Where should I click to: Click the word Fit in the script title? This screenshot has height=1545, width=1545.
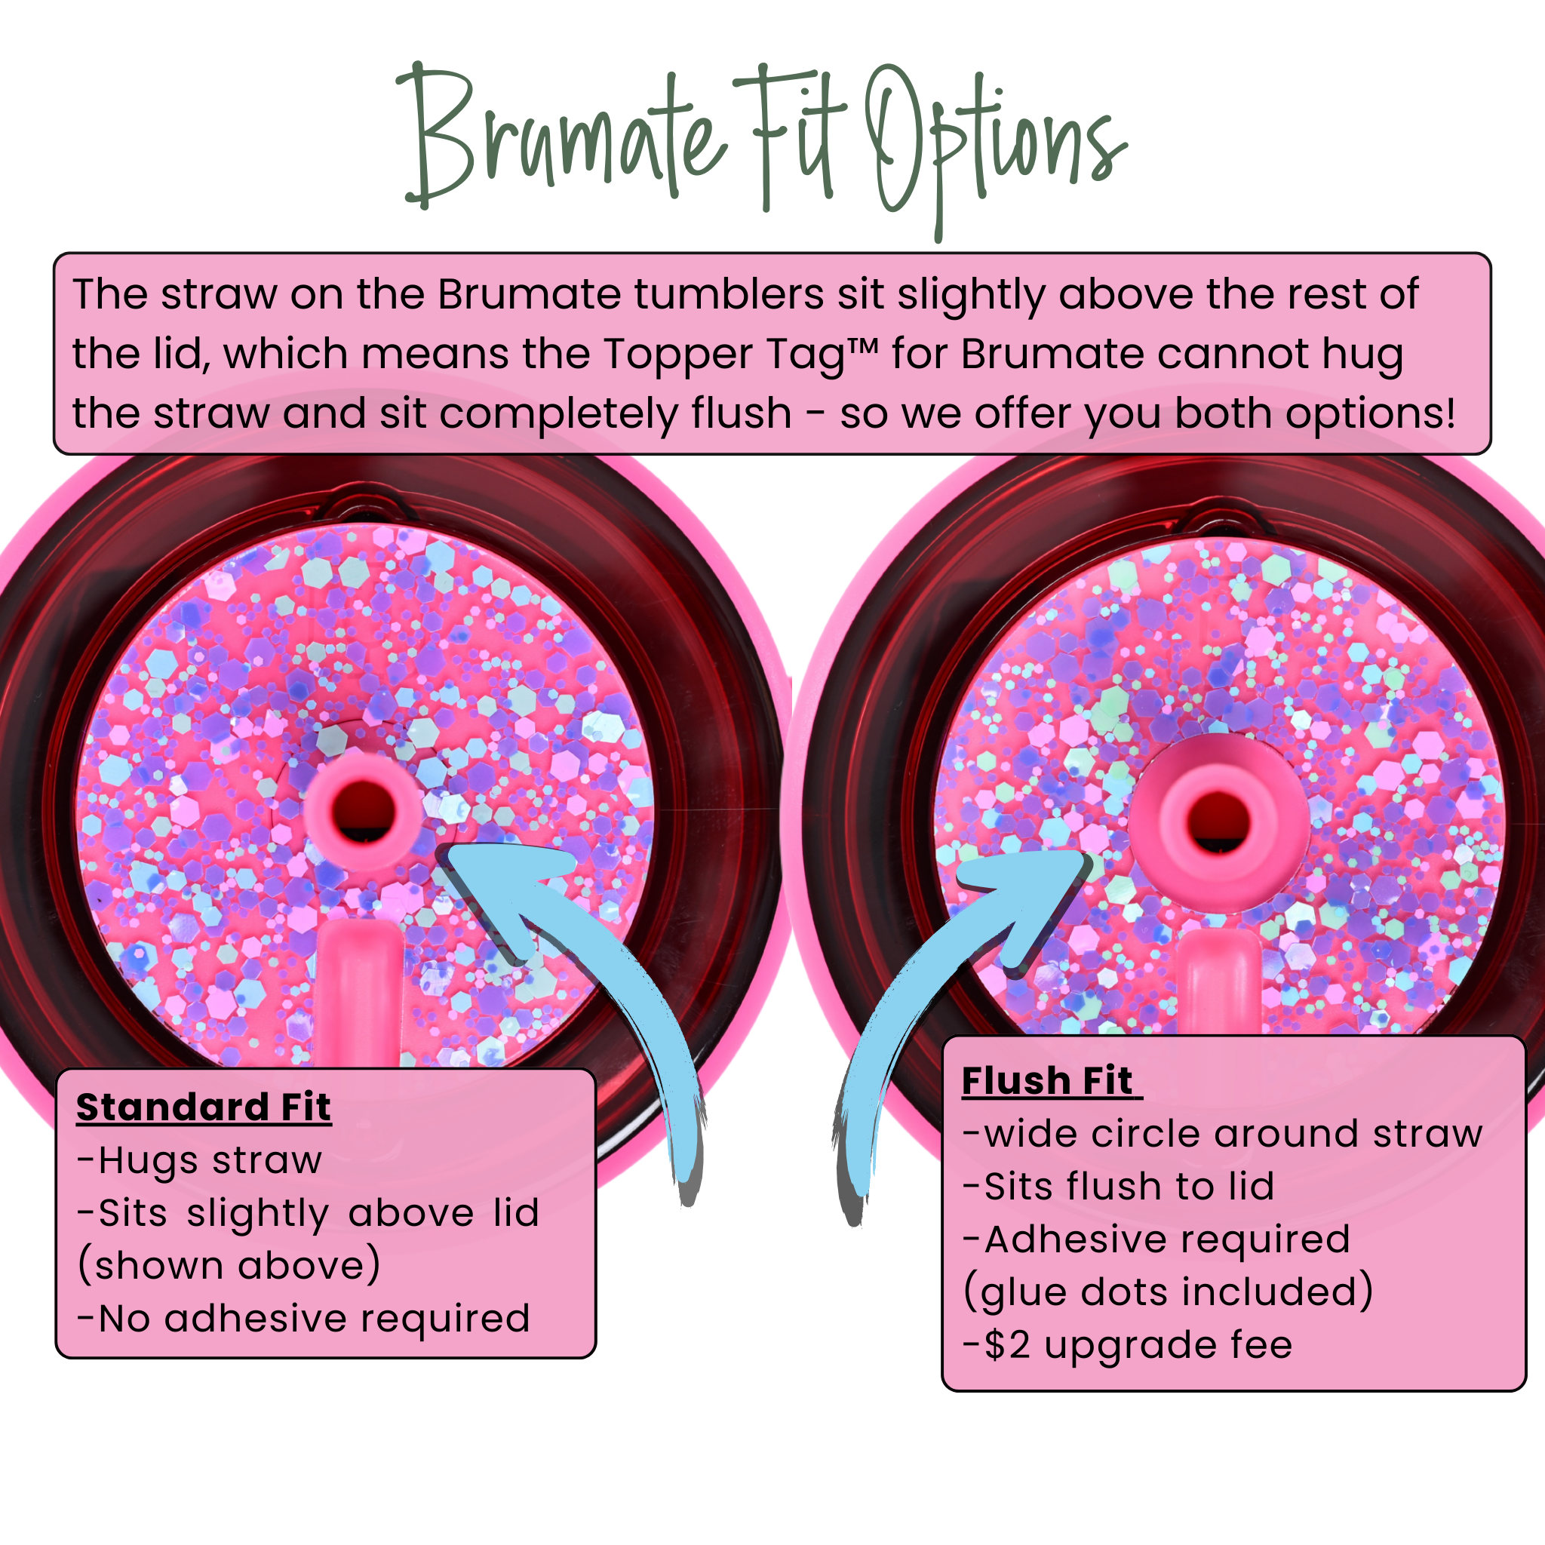(788, 136)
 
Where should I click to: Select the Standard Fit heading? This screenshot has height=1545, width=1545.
(203, 1108)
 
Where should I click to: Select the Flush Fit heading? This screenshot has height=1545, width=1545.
(1048, 1081)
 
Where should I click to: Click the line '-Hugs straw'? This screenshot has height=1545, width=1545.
(199, 1160)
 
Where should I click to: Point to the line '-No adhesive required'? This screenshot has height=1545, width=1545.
(304, 1319)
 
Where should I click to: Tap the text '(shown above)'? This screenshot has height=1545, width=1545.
(229, 1266)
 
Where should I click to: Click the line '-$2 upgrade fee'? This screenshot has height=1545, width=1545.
(1128, 1345)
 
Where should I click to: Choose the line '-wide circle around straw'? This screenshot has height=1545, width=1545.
(1223, 1134)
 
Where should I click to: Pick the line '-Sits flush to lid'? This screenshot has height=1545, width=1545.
(1119, 1187)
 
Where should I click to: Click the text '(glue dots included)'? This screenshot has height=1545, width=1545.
(1169, 1292)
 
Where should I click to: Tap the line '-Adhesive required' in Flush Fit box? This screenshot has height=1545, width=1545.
(1156, 1239)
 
